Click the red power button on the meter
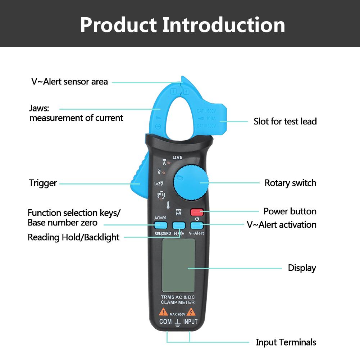pos(197,212)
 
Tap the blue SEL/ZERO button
pos(160,225)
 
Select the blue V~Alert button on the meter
pos(197,225)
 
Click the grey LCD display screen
pos(178,265)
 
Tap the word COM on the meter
pos(165,322)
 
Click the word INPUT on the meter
pos(190,322)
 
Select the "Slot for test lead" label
pos(285,121)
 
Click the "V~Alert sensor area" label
pos(69,82)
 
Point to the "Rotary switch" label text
pos(290,183)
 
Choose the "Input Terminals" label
pos(286,342)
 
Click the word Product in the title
pos(118,25)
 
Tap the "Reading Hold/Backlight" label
pos(73,237)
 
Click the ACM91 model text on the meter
pos(160,218)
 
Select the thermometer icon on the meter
pos(168,205)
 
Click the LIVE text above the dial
pos(177,158)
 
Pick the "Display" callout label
pos(302,268)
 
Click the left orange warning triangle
pos(164,312)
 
